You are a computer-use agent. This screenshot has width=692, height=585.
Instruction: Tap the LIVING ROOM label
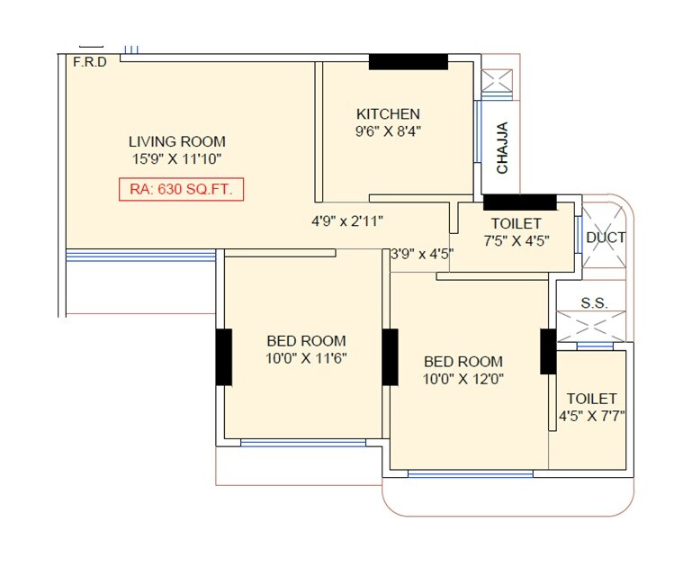click(x=176, y=141)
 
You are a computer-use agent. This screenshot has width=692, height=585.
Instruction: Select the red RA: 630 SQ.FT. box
click(x=181, y=190)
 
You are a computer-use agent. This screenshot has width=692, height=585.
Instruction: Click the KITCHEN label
click(x=388, y=113)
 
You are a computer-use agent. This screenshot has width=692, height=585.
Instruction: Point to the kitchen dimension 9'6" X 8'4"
click(x=388, y=130)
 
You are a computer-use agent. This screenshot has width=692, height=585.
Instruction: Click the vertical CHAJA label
click(x=502, y=148)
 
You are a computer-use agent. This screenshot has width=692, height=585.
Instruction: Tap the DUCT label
click(x=606, y=238)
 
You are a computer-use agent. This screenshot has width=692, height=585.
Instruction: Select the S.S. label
click(x=594, y=303)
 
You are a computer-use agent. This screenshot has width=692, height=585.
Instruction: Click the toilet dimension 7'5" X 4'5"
click(x=516, y=240)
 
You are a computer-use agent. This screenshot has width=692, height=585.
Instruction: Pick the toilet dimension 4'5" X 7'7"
click(x=591, y=416)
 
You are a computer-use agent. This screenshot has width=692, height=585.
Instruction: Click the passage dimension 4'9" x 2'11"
click(x=346, y=220)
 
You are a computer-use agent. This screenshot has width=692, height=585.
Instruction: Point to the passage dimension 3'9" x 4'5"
click(x=421, y=254)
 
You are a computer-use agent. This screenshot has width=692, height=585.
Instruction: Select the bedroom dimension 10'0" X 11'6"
click(x=306, y=357)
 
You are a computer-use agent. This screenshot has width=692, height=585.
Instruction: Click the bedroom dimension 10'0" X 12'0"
click(x=463, y=379)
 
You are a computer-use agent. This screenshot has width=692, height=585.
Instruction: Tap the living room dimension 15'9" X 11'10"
click(x=176, y=158)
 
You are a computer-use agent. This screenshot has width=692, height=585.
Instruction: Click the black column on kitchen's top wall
click(x=409, y=61)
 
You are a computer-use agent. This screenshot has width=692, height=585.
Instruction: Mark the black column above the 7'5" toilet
click(x=519, y=201)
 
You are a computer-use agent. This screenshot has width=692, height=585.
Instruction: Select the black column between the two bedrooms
click(x=391, y=357)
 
